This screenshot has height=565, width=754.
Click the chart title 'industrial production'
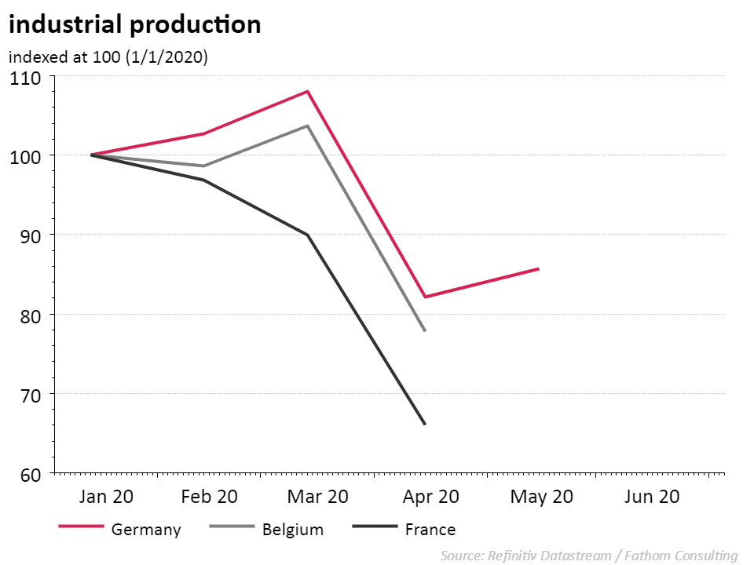(134, 25)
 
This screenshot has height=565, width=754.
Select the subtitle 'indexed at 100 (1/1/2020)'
(108, 57)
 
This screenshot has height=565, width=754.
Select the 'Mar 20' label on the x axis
(317, 497)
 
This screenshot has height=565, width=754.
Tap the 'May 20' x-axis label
(541, 497)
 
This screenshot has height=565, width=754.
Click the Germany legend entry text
(146, 530)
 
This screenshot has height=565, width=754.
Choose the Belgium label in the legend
(292, 530)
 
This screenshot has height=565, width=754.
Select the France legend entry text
(430, 530)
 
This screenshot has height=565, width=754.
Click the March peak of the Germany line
(307, 91)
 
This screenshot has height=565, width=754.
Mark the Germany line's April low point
(425, 297)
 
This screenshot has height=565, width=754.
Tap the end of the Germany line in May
(539, 269)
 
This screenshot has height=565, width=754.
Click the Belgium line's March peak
(307, 126)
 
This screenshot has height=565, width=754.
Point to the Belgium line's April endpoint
(425, 331)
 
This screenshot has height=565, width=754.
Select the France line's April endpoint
(425, 425)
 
